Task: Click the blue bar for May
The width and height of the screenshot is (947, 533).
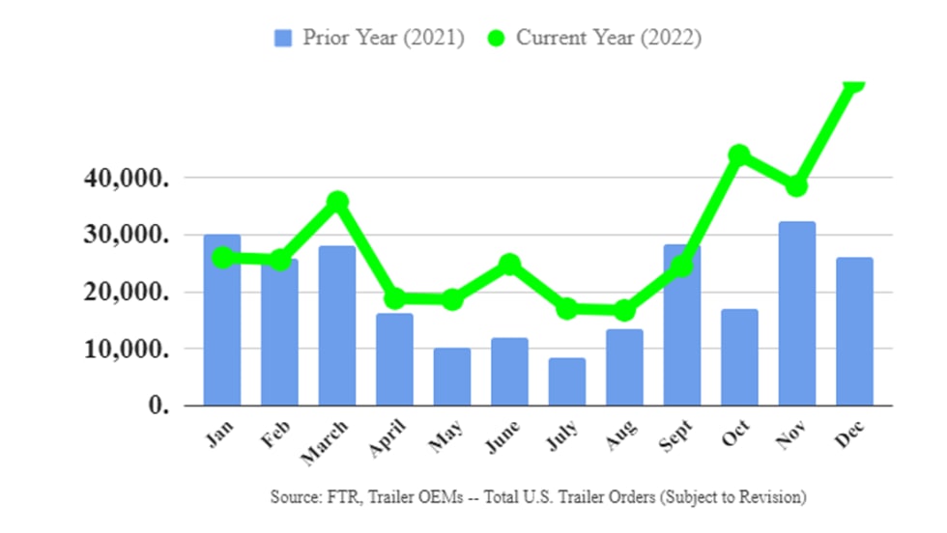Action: (x=452, y=377)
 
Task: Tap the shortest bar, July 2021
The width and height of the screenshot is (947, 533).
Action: (x=567, y=381)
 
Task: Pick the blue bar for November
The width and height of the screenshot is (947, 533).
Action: (x=797, y=314)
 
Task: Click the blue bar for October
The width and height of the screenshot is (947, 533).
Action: (x=740, y=357)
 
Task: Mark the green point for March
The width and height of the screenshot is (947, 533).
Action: (x=337, y=202)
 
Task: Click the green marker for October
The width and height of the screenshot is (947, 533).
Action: (x=739, y=154)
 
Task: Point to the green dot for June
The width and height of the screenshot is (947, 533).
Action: (x=509, y=264)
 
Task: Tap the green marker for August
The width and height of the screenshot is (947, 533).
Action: (x=624, y=310)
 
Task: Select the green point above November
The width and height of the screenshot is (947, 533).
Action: (x=796, y=185)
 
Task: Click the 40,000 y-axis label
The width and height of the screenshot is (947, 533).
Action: (x=125, y=179)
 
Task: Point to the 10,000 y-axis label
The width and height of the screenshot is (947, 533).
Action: (x=125, y=349)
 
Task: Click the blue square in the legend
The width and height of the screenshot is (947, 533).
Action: (x=283, y=39)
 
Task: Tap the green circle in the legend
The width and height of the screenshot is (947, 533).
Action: (x=496, y=39)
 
